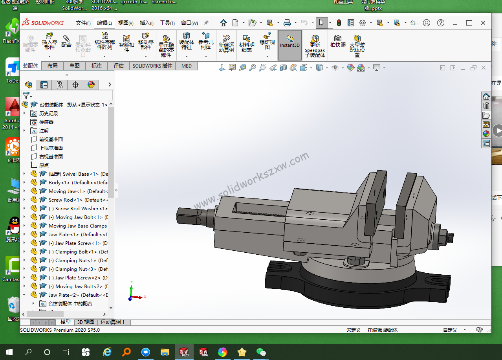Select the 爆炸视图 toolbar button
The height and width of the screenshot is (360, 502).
(267, 42)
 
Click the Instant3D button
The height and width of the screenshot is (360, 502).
(290, 45)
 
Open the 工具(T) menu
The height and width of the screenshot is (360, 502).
(167, 23)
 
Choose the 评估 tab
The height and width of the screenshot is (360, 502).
(119, 66)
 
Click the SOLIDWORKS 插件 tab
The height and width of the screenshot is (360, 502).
(152, 66)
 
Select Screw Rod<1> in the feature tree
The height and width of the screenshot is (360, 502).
(65, 200)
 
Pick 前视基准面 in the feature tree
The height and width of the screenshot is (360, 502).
(51, 140)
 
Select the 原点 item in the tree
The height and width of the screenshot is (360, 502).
(44, 165)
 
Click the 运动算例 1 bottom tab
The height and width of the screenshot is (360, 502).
(112, 322)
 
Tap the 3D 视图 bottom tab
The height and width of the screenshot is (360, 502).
(85, 322)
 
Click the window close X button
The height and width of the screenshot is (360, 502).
(483, 23)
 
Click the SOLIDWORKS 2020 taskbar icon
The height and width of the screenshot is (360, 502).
(184, 352)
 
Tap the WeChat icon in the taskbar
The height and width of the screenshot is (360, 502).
(261, 352)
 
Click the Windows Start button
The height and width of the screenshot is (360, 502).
(9, 352)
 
